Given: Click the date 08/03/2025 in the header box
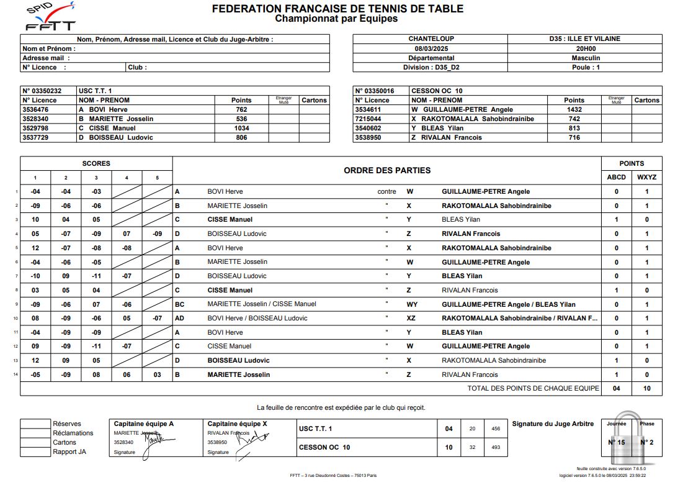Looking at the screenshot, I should pyautogui.click(x=431, y=48).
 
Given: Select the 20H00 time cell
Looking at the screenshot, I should pyautogui.click(x=585, y=48).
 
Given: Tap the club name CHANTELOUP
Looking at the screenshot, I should pyautogui.click(x=431, y=39).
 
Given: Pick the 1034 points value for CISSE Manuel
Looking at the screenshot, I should pyautogui.click(x=241, y=128).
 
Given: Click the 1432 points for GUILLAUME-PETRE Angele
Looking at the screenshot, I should pyautogui.click(x=574, y=109).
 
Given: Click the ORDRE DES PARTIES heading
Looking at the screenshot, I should pyautogui.click(x=386, y=170).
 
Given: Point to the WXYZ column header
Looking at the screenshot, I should pyautogui.click(x=647, y=177).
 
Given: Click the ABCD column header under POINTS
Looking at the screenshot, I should pyautogui.click(x=616, y=177).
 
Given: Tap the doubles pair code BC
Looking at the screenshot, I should pyautogui.click(x=179, y=304).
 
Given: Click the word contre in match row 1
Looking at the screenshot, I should pyautogui.click(x=386, y=192).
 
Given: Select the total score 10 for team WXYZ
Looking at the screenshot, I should pyautogui.click(x=647, y=388).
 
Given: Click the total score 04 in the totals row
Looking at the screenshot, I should pyautogui.click(x=616, y=388).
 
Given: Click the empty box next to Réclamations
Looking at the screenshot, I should pyautogui.click(x=35, y=433).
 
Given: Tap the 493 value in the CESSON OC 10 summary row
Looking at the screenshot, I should pyautogui.click(x=495, y=447).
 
